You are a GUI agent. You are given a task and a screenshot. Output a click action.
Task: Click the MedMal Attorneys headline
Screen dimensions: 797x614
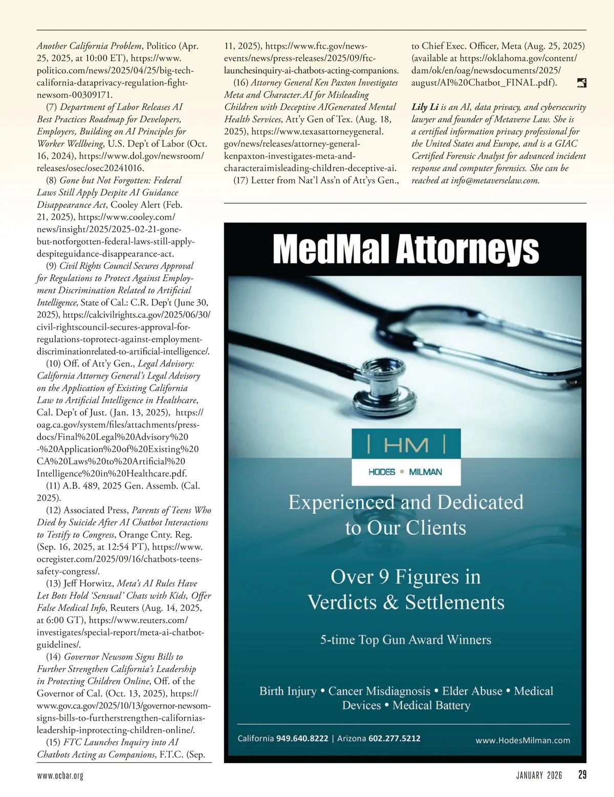(x=405, y=250)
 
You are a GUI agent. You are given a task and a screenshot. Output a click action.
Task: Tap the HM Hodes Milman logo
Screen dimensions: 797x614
(x=406, y=457)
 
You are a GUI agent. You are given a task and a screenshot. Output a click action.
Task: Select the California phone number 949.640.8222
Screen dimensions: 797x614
(x=302, y=738)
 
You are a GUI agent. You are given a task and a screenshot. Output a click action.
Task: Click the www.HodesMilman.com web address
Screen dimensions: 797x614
(x=522, y=740)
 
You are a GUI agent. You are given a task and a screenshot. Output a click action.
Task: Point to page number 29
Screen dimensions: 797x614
(x=582, y=775)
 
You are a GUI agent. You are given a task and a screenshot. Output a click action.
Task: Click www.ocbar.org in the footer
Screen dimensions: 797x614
(x=60, y=776)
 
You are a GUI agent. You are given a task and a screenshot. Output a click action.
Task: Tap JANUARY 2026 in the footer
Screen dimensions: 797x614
(x=539, y=776)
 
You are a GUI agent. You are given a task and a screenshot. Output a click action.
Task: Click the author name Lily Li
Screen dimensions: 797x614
(x=425, y=107)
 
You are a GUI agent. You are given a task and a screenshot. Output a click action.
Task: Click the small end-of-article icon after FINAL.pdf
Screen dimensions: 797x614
(x=581, y=83)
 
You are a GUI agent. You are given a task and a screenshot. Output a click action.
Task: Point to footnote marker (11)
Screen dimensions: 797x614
(x=53, y=485)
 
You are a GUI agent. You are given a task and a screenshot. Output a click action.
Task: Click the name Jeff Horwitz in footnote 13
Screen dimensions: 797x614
(x=88, y=583)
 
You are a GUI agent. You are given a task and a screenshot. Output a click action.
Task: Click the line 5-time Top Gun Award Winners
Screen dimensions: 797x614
(x=405, y=639)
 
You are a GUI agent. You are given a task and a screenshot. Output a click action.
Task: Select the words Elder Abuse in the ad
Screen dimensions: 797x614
(x=472, y=691)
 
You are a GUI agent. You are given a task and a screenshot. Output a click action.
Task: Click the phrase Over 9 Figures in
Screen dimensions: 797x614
(x=405, y=577)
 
